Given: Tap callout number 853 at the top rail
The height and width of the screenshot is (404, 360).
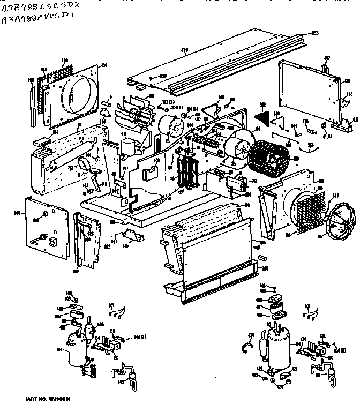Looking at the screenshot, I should point(316,33).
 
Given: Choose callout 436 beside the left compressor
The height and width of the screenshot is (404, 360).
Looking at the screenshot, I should point(100,324).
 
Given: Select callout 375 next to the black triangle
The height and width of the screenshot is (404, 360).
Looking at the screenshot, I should point(277,113).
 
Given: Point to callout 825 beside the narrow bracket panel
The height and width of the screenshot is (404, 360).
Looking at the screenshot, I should point(107,246).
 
